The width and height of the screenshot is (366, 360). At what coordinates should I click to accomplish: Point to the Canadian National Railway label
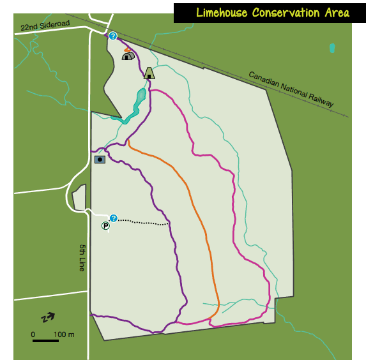pyautogui.click(x=291, y=89)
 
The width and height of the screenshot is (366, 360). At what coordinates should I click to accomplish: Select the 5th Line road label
pyautogui.click(x=82, y=258)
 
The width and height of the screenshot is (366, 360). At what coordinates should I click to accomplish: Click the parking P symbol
pyautogui.click(x=105, y=226)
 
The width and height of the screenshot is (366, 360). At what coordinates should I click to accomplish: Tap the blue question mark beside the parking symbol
pyautogui.click(x=114, y=218)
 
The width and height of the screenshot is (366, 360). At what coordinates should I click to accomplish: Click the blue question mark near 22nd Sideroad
pyautogui.click(x=113, y=36)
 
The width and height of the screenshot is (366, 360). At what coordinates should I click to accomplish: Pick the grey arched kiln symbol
pyautogui.click(x=128, y=56)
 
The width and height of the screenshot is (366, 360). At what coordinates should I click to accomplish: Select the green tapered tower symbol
pyautogui.click(x=149, y=73)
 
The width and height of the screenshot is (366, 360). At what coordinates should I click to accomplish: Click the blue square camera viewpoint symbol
pyautogui.click(x=100, y=159)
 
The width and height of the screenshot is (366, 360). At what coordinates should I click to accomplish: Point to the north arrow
pyautogui.click(x=48, y=317)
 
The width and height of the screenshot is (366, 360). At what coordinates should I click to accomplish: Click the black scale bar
pyautogui.click(x=45, y=340)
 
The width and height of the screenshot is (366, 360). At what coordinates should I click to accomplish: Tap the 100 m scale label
pyautogui.click(x=64, y=334)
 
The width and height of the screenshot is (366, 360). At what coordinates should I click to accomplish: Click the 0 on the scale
pyautogui.click(x=33, y=334)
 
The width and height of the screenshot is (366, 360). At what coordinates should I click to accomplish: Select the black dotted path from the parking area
pyautogui.click(x=144, y=222)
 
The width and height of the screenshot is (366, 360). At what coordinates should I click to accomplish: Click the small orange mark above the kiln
pyautogui.click(x=128, y=49)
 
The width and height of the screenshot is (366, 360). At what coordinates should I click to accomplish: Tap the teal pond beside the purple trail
pyautogui.click(x=139, y=100)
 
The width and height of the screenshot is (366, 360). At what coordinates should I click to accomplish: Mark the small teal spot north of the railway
pyautogui.click(x=332, y=48)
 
